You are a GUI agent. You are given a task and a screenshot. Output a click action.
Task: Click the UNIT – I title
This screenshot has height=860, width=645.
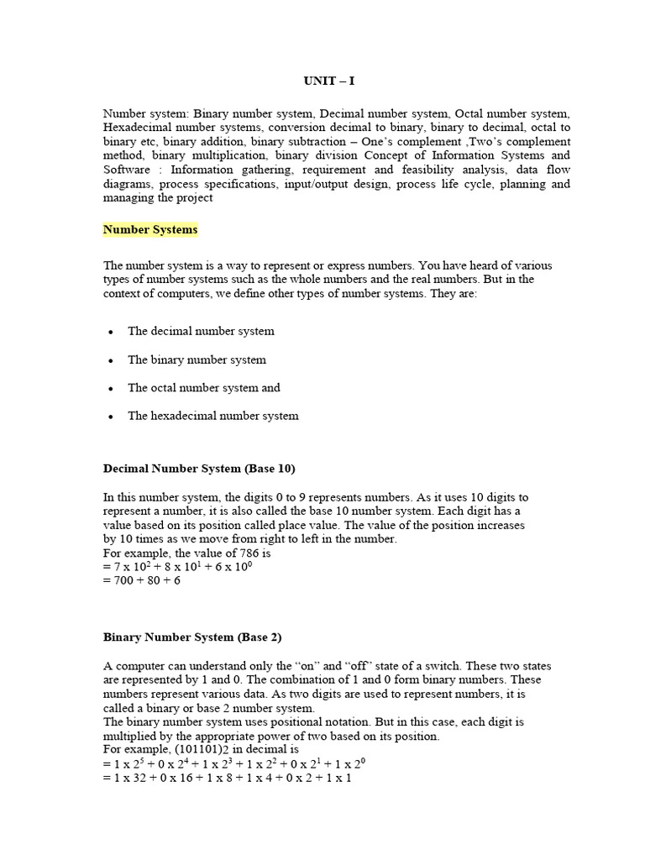click(x=322, y=81)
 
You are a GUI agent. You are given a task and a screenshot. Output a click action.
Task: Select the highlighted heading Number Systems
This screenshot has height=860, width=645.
click(x=150, y=229)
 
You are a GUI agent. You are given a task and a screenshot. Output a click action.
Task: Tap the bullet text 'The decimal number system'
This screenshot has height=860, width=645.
click(x=201, y=331)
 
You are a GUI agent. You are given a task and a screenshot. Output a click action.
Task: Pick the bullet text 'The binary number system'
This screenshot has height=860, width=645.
click(x=197, y=359)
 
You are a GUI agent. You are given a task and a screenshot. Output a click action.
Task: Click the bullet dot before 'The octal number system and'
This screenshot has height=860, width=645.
click(x=110, y=389)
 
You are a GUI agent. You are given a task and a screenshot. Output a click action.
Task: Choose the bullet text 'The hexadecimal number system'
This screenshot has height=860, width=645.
click(x=212, y=416)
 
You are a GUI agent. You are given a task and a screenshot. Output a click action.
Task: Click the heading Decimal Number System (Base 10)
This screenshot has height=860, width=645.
click(x=199, y=468)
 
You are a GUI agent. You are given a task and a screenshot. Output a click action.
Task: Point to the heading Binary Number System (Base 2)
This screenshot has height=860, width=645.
click(x=192, y=637)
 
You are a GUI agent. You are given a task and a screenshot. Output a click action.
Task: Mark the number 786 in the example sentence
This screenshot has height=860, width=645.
click(x=239, y=553)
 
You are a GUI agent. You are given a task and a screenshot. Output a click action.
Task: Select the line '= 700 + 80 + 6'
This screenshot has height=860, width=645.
click(x=141, y=580)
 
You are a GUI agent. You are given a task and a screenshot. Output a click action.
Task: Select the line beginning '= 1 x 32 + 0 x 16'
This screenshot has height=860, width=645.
click(x=227, y=778)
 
